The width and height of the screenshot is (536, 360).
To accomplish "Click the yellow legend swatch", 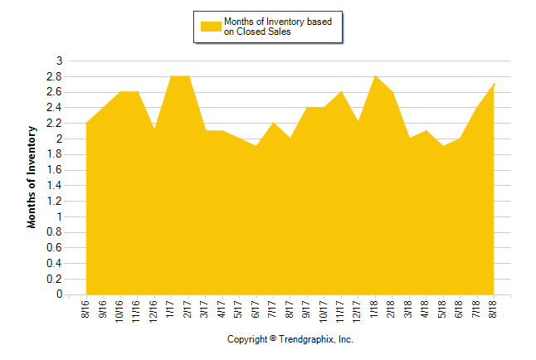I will click(x=212, y=27).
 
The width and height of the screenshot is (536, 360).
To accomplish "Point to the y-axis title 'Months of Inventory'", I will click(x=32, y=177).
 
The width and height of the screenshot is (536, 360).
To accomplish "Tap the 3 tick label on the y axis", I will click(x=59, y=61).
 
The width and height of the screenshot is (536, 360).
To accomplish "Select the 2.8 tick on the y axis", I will click(x=56, y=76).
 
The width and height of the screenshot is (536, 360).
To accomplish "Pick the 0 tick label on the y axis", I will click(x=59, y=294).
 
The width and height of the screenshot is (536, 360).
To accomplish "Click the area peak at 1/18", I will click(x=375, y=76).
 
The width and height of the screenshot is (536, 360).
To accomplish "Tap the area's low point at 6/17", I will click(x=256, y=146).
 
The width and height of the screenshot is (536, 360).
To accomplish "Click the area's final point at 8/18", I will click(x=494, y=84).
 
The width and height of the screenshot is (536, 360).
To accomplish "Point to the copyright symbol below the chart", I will click(x=273, y=339).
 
